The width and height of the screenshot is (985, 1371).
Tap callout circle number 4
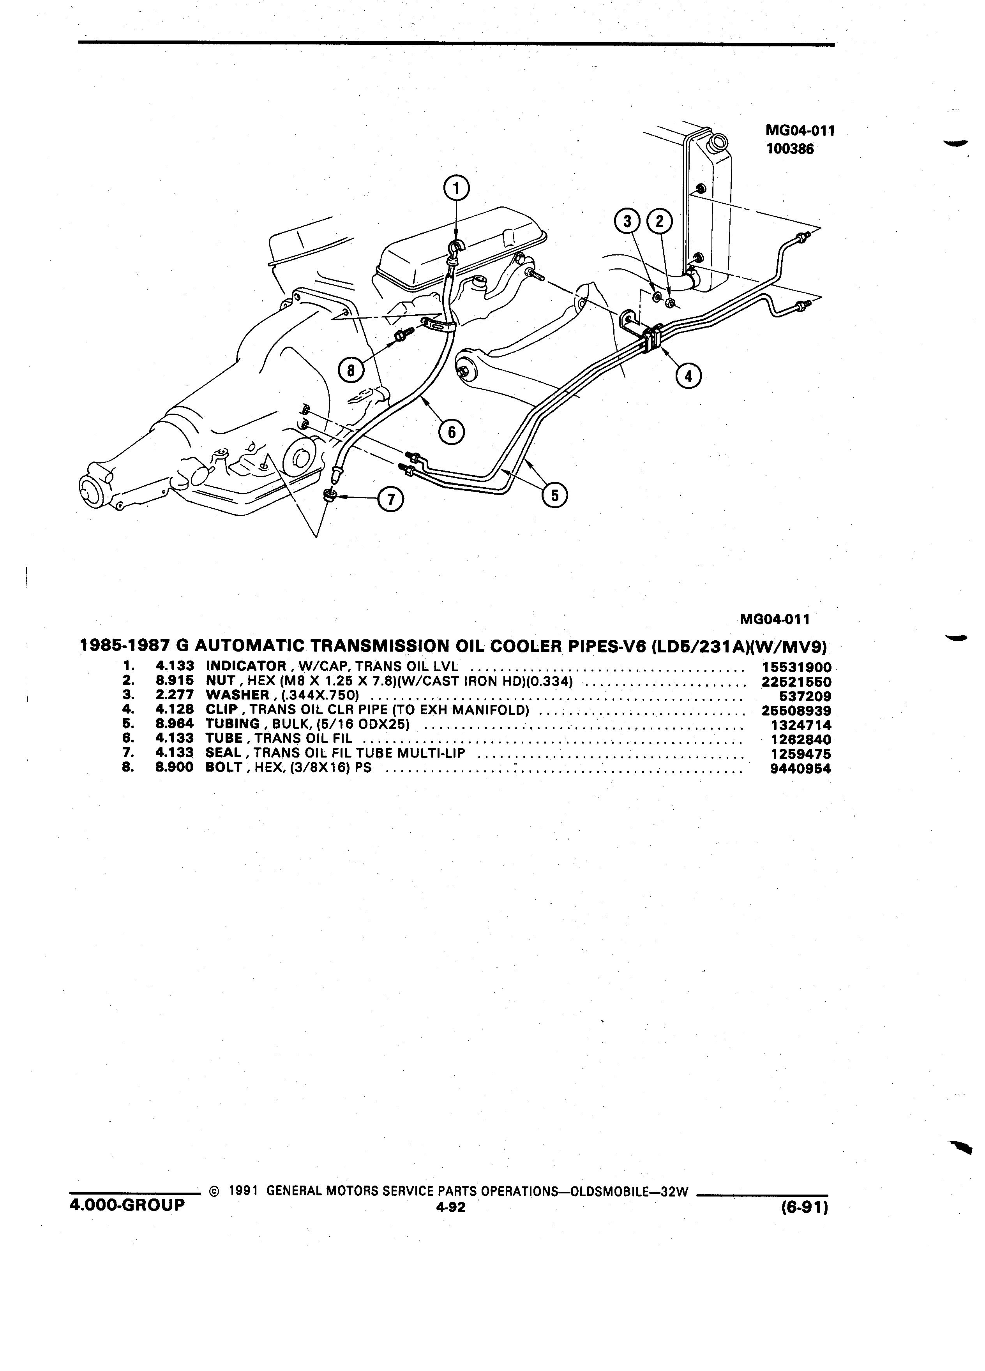pos(687,376)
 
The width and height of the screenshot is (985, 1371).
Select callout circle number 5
pos(554,495)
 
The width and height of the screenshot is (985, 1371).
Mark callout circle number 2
pos(660,222)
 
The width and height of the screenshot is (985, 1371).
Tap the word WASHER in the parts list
pos(237,696)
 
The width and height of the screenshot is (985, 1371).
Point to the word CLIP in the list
pos(222,710)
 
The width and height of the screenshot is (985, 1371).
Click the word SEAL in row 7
pos(224,754)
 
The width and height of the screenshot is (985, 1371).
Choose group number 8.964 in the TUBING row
pos(175,725)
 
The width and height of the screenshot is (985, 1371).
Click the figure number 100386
pos(790,149)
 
